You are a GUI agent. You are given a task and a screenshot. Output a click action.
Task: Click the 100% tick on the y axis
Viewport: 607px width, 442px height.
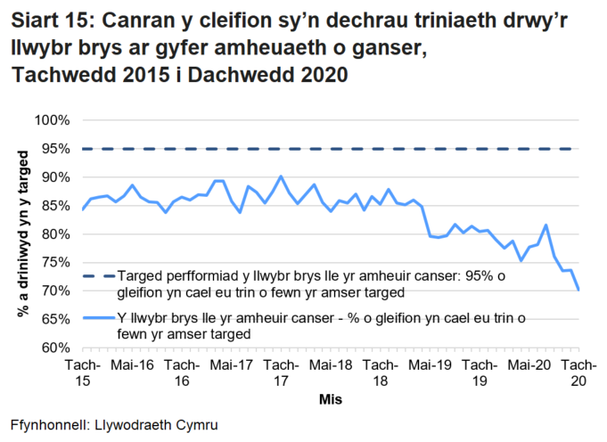pyautogui.click(x=52, y=120)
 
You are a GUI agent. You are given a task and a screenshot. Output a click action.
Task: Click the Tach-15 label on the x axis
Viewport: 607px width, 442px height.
pyautogui.click(x=82, y=372)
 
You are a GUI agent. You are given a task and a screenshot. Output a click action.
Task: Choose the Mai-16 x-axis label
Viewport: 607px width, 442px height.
pyautogui.click(x=132, y=365)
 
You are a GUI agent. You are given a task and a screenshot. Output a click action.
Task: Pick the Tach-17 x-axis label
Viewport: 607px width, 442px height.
pyautogui.click(x=282, y=372)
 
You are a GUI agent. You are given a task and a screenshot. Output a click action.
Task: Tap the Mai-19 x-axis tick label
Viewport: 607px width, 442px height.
pyautogui.click(x=431, y=365)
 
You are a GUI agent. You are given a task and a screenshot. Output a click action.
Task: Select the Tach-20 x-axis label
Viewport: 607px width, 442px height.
pyautogui.click(x=580, y=372)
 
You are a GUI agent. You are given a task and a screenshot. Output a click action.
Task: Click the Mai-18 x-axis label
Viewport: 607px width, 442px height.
pyautogui.click(x=332, y=365)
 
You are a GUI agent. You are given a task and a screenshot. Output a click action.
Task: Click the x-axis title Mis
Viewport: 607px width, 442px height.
pyautogui.click(x=331, y=400)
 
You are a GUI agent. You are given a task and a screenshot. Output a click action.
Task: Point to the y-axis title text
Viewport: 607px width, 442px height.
pyautogui.click(x=22, y=234)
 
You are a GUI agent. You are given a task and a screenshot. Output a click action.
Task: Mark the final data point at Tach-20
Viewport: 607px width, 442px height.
pyautogui.click(x=579, y=290)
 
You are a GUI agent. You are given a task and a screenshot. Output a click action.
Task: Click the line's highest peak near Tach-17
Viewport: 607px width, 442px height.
pyautogui.click(x=281, y=176)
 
